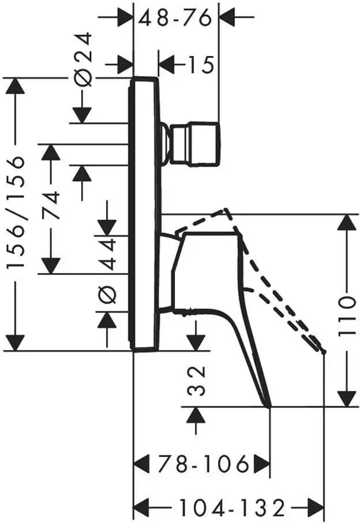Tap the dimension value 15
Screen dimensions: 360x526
pos(200,65)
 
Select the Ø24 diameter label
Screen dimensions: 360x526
pos(83,59)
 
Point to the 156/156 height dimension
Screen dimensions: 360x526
pos(16,212)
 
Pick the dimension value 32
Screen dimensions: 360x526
pos(196,380)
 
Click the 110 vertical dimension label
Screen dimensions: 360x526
pos(346,316)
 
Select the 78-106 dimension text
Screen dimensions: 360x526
pos(204,464)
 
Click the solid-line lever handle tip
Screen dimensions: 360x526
pos(269,407)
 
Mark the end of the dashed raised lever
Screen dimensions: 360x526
pos(324,352)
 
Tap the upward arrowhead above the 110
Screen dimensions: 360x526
pos(346,223)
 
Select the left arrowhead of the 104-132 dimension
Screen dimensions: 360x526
pos(141,508)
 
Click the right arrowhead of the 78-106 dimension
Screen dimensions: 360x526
pos(262,464)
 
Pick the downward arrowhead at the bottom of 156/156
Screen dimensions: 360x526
pos(16,342)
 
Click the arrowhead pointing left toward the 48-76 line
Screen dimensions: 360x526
pos(228,16)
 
